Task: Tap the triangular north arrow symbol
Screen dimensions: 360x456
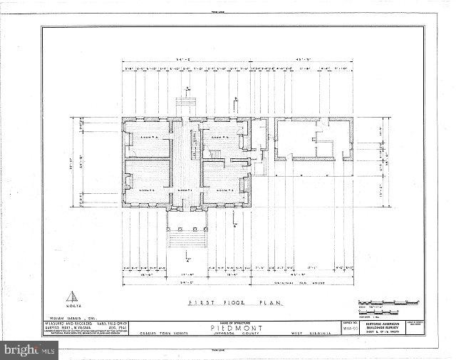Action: (71, 297)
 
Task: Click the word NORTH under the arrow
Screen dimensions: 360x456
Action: (71, 309)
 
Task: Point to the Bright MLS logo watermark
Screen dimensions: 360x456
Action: (28, 349)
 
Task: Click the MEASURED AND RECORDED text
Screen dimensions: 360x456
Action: (60, 323)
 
